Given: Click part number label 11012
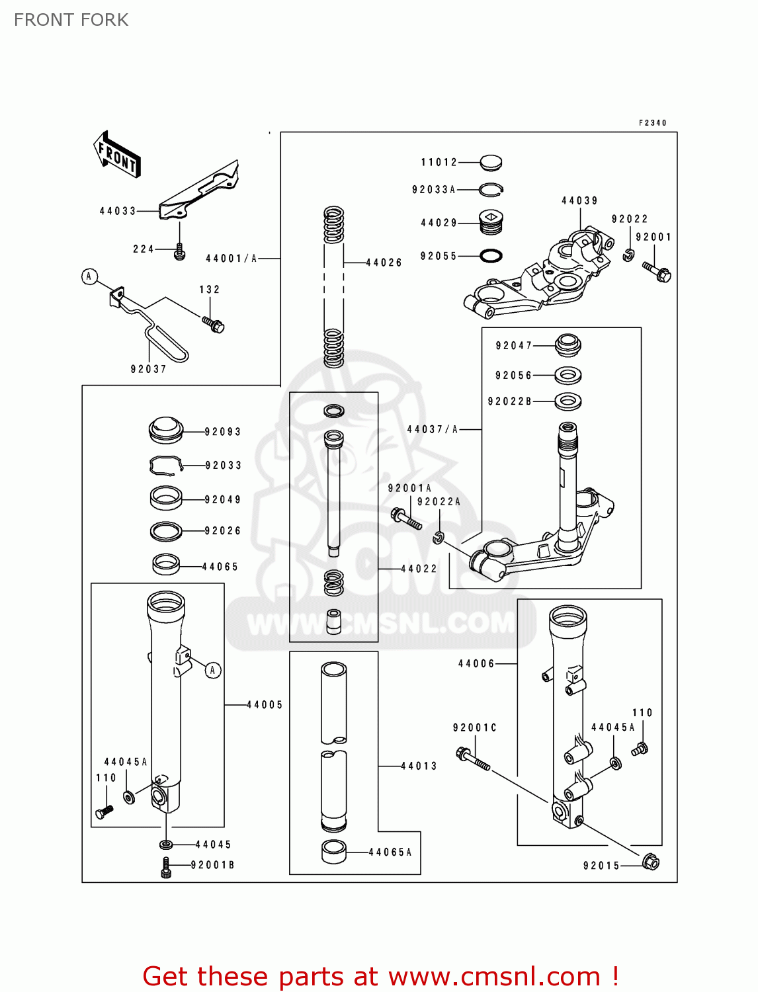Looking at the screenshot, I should (439, 162).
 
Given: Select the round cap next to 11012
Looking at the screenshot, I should (490, 162).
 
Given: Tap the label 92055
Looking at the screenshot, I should (439, 256).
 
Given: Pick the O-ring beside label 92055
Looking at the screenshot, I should (490, 255).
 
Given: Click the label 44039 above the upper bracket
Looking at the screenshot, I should (579, 200).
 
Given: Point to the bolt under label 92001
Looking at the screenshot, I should (657, 271).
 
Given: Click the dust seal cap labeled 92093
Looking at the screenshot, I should (165, 430).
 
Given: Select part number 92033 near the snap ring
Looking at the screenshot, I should (223, 466).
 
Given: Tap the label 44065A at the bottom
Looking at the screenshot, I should (390, 852).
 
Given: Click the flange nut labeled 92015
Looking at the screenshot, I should (651, 862).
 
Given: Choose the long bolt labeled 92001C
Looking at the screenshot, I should (472, 759).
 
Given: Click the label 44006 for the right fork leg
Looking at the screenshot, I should (476, 663).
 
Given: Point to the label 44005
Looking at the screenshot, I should (265, 705).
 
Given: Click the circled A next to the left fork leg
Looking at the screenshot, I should (212, 670).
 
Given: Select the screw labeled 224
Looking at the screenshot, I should (179, 252).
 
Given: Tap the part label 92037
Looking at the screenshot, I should (148, 369).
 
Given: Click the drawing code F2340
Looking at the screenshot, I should (652, 123).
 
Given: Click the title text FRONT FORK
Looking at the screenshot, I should (71, 20).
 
